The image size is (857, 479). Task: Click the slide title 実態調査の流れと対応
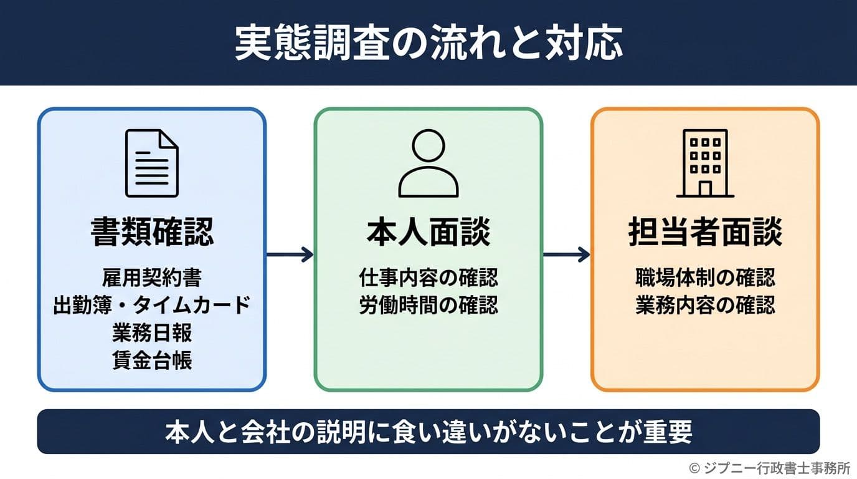(x=429, y=43)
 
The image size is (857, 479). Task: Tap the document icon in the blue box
(x=152, y=163)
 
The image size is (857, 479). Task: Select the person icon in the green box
(x=429, y=163)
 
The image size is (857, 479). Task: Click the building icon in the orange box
(x=705, y=163)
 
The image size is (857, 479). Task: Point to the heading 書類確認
(x=152, y=233)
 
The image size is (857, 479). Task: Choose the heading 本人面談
(x=429, y=233)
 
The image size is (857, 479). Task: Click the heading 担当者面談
(x=705, y=233)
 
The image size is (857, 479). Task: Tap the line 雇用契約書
(x=152, y=277)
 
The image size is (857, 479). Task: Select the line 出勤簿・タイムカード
(x=152, y=305)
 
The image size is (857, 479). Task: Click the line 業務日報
(x=152, y=333)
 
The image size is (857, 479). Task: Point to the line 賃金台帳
(x=152, y=361)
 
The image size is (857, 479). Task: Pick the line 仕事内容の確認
(x=429, y=277)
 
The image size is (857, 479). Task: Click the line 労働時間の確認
(x=429, y=306)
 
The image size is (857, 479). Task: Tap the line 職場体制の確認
(x=705, y=277)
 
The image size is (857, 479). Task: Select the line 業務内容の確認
(x=705, y=306)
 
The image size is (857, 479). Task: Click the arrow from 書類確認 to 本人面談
(x=290, y=254)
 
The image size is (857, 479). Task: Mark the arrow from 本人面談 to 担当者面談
(x=566, y=254)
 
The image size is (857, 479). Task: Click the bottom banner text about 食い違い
(x=429, y=432)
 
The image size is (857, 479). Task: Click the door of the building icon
(x=705, y=188)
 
